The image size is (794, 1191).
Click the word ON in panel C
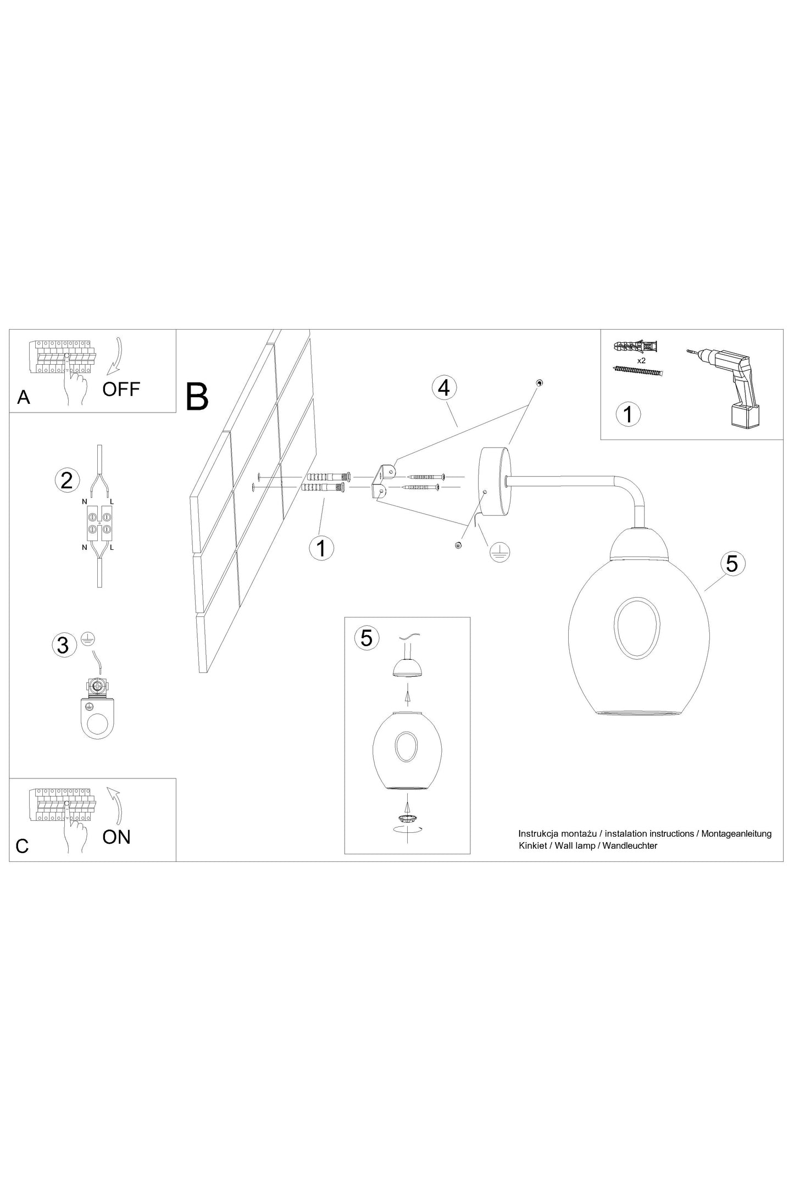coord(116,837)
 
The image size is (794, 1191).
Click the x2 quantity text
coord(641,360)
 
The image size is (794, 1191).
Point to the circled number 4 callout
coord(444,387)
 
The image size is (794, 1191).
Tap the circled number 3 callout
coord(63,645)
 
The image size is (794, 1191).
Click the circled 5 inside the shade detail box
coord(367,638)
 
